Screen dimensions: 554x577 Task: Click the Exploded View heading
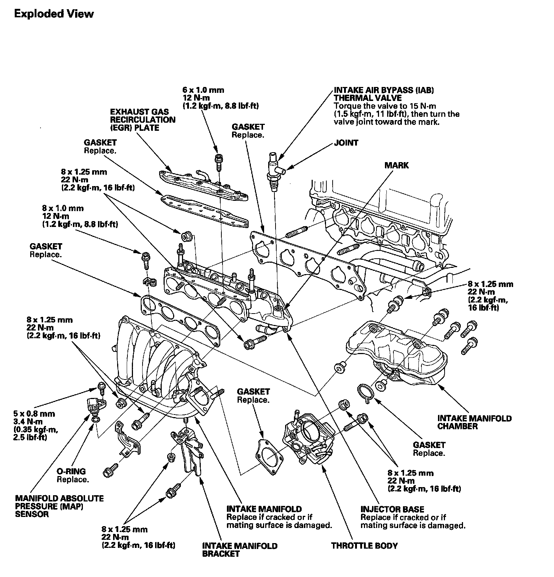coord(54,14)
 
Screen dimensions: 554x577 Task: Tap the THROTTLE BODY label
coord(364,546)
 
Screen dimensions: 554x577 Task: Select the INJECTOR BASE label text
coord(392,509)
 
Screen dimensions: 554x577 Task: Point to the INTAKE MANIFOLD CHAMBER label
coord(474,422)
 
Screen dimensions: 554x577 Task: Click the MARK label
coord(397,165)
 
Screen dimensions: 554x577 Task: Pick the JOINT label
coord(346,143)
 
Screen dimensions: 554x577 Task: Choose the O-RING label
coord(71,471)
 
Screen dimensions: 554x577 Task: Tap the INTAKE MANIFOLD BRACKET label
coord(239,550)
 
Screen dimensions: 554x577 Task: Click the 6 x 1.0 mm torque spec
coord(220,98)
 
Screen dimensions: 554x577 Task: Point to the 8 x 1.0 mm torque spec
coord(80,216)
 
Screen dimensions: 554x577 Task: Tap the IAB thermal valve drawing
coord(274,171)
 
